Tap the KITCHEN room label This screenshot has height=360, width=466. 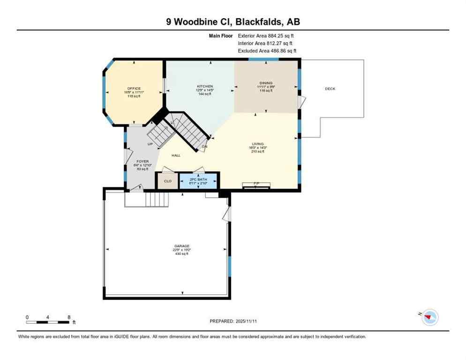pyautogui.click(x=205, y=87)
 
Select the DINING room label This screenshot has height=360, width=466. pyautogui.click(x=265, y=83)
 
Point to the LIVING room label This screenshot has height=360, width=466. pyautogui.click(x=257, y=144)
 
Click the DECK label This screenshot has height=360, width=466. pyautogui.click(x=330, y=89)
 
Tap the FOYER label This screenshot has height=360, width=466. pyautogui.click(x=142, y=161)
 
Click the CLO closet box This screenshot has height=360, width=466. pyautogui.click(x=167, y=180)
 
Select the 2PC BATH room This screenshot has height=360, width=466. pyautogui.click(x=199, y=181)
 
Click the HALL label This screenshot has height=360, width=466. pyautogui.click(x=176, y=156)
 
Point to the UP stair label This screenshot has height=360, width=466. pyautogui.click(x=150, y=144)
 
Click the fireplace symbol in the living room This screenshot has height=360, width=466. pyautogui.click(x=256, y=185)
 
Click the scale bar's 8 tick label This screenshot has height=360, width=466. pyautogui.click(x=69, y=317)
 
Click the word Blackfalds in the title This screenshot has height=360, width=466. pyautogui.click(x=261, y=22)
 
